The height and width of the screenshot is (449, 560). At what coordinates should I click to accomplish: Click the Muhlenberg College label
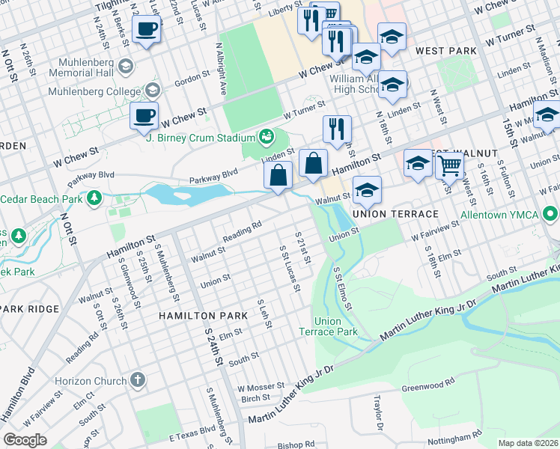click(94, 92)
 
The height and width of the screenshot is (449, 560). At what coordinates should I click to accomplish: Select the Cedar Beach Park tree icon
click(94, 198)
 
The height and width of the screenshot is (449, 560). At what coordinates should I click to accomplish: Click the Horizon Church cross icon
click(137, 379)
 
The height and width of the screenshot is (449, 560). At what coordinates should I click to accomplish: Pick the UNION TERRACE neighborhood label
click(395, 214)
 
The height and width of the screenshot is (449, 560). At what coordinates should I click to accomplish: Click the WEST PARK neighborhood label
click(446, 51)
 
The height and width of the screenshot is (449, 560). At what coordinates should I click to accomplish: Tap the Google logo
click(25, 440)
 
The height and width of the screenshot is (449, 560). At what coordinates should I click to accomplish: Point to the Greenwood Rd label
click(428, 386)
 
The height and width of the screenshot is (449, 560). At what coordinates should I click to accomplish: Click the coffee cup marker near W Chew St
click(144, 116)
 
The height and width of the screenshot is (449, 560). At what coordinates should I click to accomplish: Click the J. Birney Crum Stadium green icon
click(265, 135)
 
